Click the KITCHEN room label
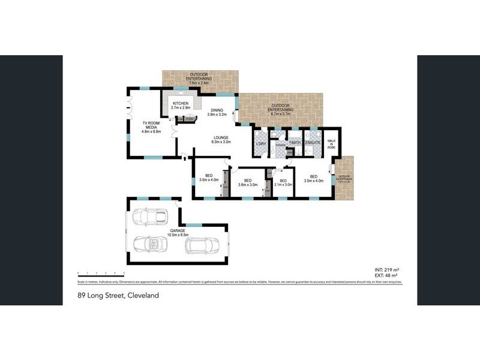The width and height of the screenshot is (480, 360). point(181,106)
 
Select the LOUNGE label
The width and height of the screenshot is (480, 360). point(221,141)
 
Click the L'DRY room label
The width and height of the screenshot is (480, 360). point(260,145)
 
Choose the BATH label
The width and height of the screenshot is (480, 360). point(295,143)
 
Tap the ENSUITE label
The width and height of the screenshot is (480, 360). point(313,143)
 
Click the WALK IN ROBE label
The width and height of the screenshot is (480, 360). point(331,145)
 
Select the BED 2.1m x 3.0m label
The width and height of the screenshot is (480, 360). point(283,182)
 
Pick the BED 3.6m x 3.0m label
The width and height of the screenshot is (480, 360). point(247,182)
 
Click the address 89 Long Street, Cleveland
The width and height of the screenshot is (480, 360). point(117,295)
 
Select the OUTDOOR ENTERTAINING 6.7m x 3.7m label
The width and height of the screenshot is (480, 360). point(281,109)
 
